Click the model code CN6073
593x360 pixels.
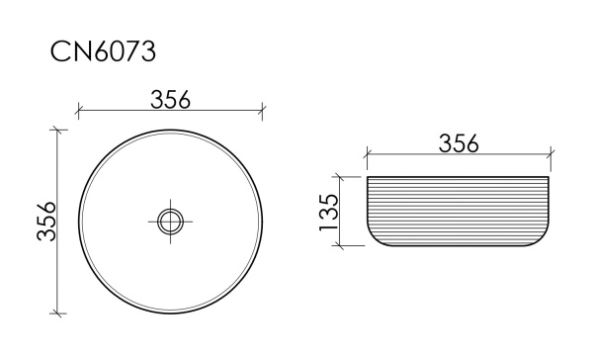point(103,52)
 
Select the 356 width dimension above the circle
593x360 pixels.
point(170,98)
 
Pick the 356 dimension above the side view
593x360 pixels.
point(459,143)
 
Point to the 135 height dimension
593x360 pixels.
point(329,213)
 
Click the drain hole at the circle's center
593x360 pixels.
point(170,221)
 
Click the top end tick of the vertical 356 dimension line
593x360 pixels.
point(58,130)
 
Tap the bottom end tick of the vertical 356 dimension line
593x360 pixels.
point(58,313)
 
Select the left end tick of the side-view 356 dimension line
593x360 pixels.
point(368,155)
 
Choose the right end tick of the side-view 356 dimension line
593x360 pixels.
point(551,155)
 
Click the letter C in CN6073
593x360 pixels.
point(62,52)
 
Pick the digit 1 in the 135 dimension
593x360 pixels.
point(329,230)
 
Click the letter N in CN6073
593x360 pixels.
point(83,52)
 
